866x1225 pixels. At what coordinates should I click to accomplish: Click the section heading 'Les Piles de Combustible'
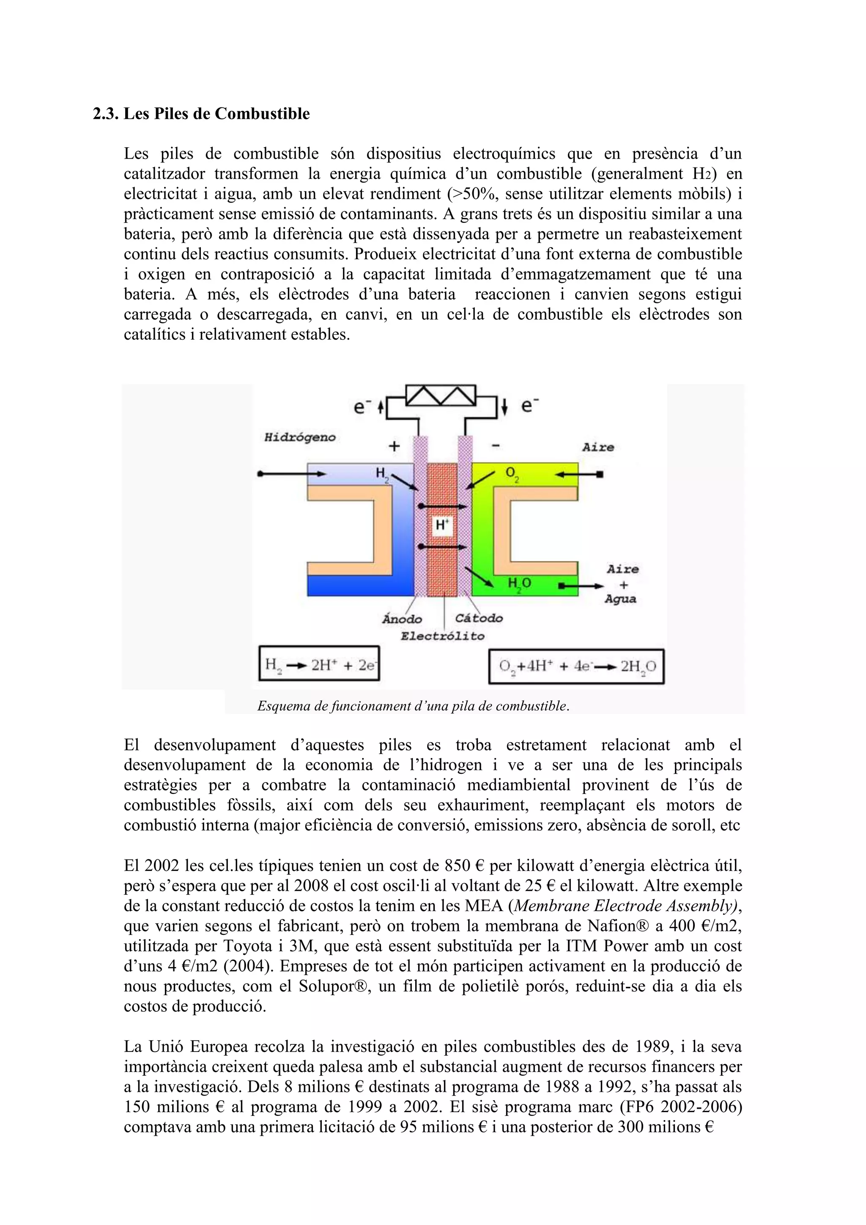[x=216, y=114]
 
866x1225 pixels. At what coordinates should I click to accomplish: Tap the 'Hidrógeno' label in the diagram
[x=300, y=437]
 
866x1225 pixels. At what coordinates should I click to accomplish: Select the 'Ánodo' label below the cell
[x=402, y=619]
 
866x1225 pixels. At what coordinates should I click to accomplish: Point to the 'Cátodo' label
[x=479, y=618]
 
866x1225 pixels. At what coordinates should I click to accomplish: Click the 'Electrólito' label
[x=443, y=636]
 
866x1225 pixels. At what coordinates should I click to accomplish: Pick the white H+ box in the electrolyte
[x=442, y=525]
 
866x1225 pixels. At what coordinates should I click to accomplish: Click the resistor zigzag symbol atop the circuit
[x=441, y=396]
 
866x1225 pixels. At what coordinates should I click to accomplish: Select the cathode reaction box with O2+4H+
[x=576, y=666]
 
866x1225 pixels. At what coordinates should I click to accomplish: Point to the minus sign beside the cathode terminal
[x=495, y=445]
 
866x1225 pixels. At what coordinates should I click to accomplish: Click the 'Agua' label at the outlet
[x=620, y=599]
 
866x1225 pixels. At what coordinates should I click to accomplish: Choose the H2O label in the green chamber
[x=519, y=584]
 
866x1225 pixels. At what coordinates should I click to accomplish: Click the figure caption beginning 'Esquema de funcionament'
[x=413, y=706]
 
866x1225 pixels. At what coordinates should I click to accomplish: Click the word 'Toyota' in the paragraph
[x=247, y=945]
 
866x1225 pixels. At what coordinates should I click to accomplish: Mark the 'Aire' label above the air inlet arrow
[x=598, y=447]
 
